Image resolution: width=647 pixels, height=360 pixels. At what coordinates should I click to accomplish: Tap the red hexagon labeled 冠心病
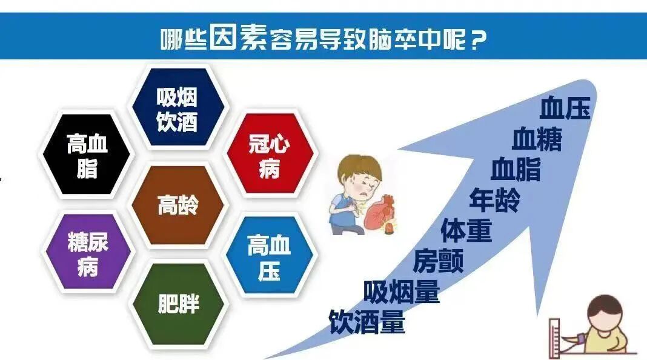(x=270, y=156)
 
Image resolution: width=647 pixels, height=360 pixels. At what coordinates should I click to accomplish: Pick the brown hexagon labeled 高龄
(x=178, y=205)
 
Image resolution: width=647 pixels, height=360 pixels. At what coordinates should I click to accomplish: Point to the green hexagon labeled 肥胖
(x=178, y=303)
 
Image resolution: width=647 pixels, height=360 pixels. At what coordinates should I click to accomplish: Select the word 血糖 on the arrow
(x=537, y=140)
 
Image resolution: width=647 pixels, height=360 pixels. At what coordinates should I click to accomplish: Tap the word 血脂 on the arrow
(x=516, y=170)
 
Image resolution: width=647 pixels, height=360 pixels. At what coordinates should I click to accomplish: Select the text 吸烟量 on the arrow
(x=402, y=293)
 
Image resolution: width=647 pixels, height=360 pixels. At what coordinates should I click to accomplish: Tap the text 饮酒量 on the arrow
(x=367, y=322)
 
